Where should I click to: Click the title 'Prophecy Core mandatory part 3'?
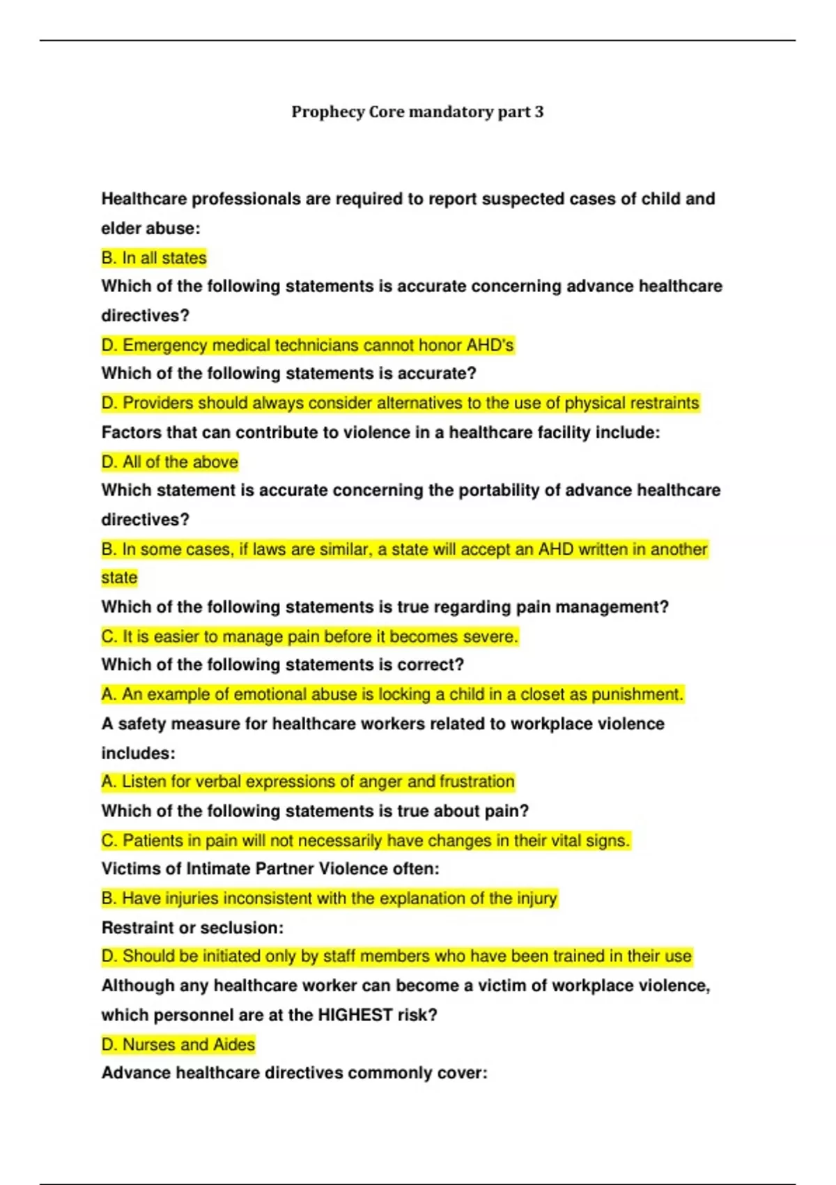coord(417,112)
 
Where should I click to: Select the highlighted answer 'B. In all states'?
coord(154,258)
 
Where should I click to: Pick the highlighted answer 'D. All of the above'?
coord(169,462)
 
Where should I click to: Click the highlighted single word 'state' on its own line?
coord(119,578)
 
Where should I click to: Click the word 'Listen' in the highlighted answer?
coord(144,781)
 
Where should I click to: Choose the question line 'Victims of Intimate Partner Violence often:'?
coord(270,869)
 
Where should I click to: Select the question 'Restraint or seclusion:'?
coord(192,928)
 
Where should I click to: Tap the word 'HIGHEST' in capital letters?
coord(355,1015)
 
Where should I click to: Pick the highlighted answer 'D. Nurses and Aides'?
coord(178,1044)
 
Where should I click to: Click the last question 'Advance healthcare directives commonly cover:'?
coord(294,1073)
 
